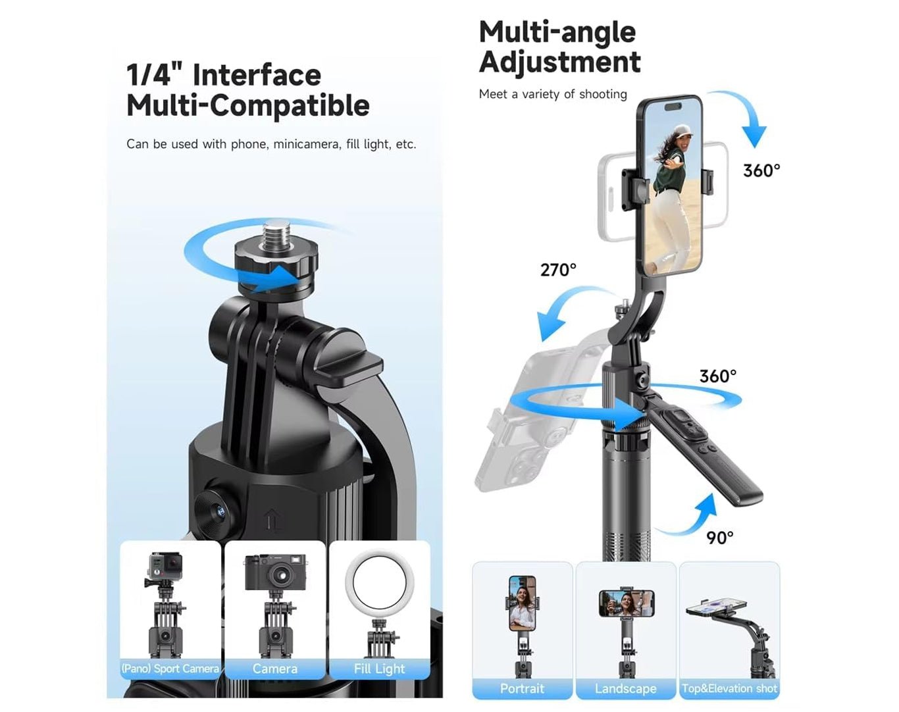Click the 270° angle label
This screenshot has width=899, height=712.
coord(558,270)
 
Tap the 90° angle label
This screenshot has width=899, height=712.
coord(720,538)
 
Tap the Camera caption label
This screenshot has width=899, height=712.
coord(275,669)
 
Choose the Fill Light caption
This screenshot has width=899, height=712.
coord(379,669)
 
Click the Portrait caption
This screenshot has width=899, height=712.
coord(522,688)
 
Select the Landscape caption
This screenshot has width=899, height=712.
coord(626,689)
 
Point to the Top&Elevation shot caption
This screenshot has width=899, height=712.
coord(729,688)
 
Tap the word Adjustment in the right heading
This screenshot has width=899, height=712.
coord(560,63)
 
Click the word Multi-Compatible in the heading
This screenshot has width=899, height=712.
coord(248,106)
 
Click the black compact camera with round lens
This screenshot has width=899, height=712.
coord(275,572)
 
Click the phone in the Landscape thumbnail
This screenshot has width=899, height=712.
coord(627,603)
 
